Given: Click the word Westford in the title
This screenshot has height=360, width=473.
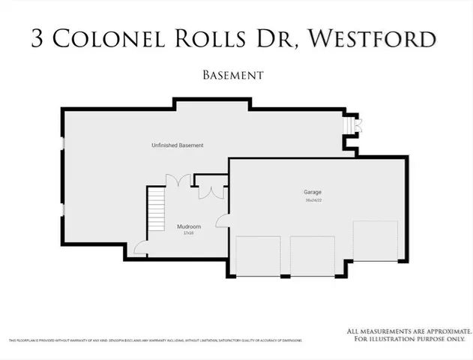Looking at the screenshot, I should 372,38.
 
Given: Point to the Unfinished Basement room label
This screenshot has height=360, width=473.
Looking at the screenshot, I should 177,145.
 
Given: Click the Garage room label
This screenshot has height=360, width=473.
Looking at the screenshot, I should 313,192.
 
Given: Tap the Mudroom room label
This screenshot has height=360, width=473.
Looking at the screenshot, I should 188,226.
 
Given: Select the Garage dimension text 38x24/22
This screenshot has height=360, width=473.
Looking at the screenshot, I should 313,200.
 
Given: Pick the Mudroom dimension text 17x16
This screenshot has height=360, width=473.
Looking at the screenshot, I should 188,233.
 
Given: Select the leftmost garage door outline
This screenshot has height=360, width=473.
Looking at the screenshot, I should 258,256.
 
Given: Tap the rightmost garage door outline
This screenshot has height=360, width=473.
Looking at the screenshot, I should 369,241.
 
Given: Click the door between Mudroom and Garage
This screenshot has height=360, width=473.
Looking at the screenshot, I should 223,220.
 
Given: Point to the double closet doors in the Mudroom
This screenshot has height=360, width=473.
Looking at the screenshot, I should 211,191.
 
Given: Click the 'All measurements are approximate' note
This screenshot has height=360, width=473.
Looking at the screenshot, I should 409,334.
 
